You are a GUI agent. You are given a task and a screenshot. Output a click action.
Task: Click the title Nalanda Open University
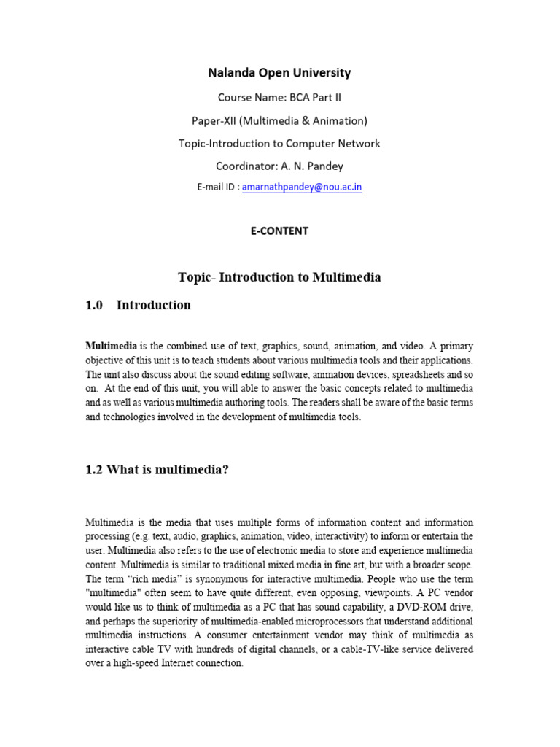tap(279, 73)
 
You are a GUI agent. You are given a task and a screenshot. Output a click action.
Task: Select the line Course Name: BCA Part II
tap(279, 97)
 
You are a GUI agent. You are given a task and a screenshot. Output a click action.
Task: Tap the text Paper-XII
tap(217, 120)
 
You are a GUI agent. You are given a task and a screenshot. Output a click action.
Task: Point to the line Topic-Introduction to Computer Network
tap(279, 144)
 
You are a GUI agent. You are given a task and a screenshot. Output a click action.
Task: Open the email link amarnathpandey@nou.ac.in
tap(302, 187)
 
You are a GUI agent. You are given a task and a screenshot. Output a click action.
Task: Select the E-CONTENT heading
tap(279, 231)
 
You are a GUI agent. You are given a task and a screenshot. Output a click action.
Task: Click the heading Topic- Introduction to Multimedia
tap(279, 277)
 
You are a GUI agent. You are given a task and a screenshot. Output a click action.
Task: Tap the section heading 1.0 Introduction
tap(138, 306)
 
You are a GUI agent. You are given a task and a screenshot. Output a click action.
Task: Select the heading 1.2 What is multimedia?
tap(157, 470)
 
